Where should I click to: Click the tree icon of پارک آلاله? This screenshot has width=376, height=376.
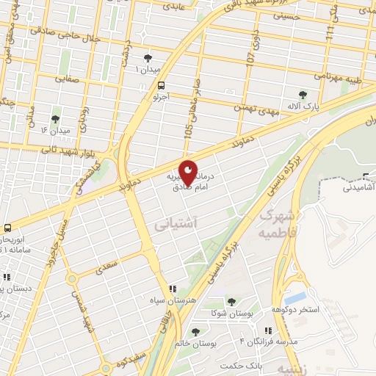coord(303,94)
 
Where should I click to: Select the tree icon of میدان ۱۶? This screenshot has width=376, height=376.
coord(56,119)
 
